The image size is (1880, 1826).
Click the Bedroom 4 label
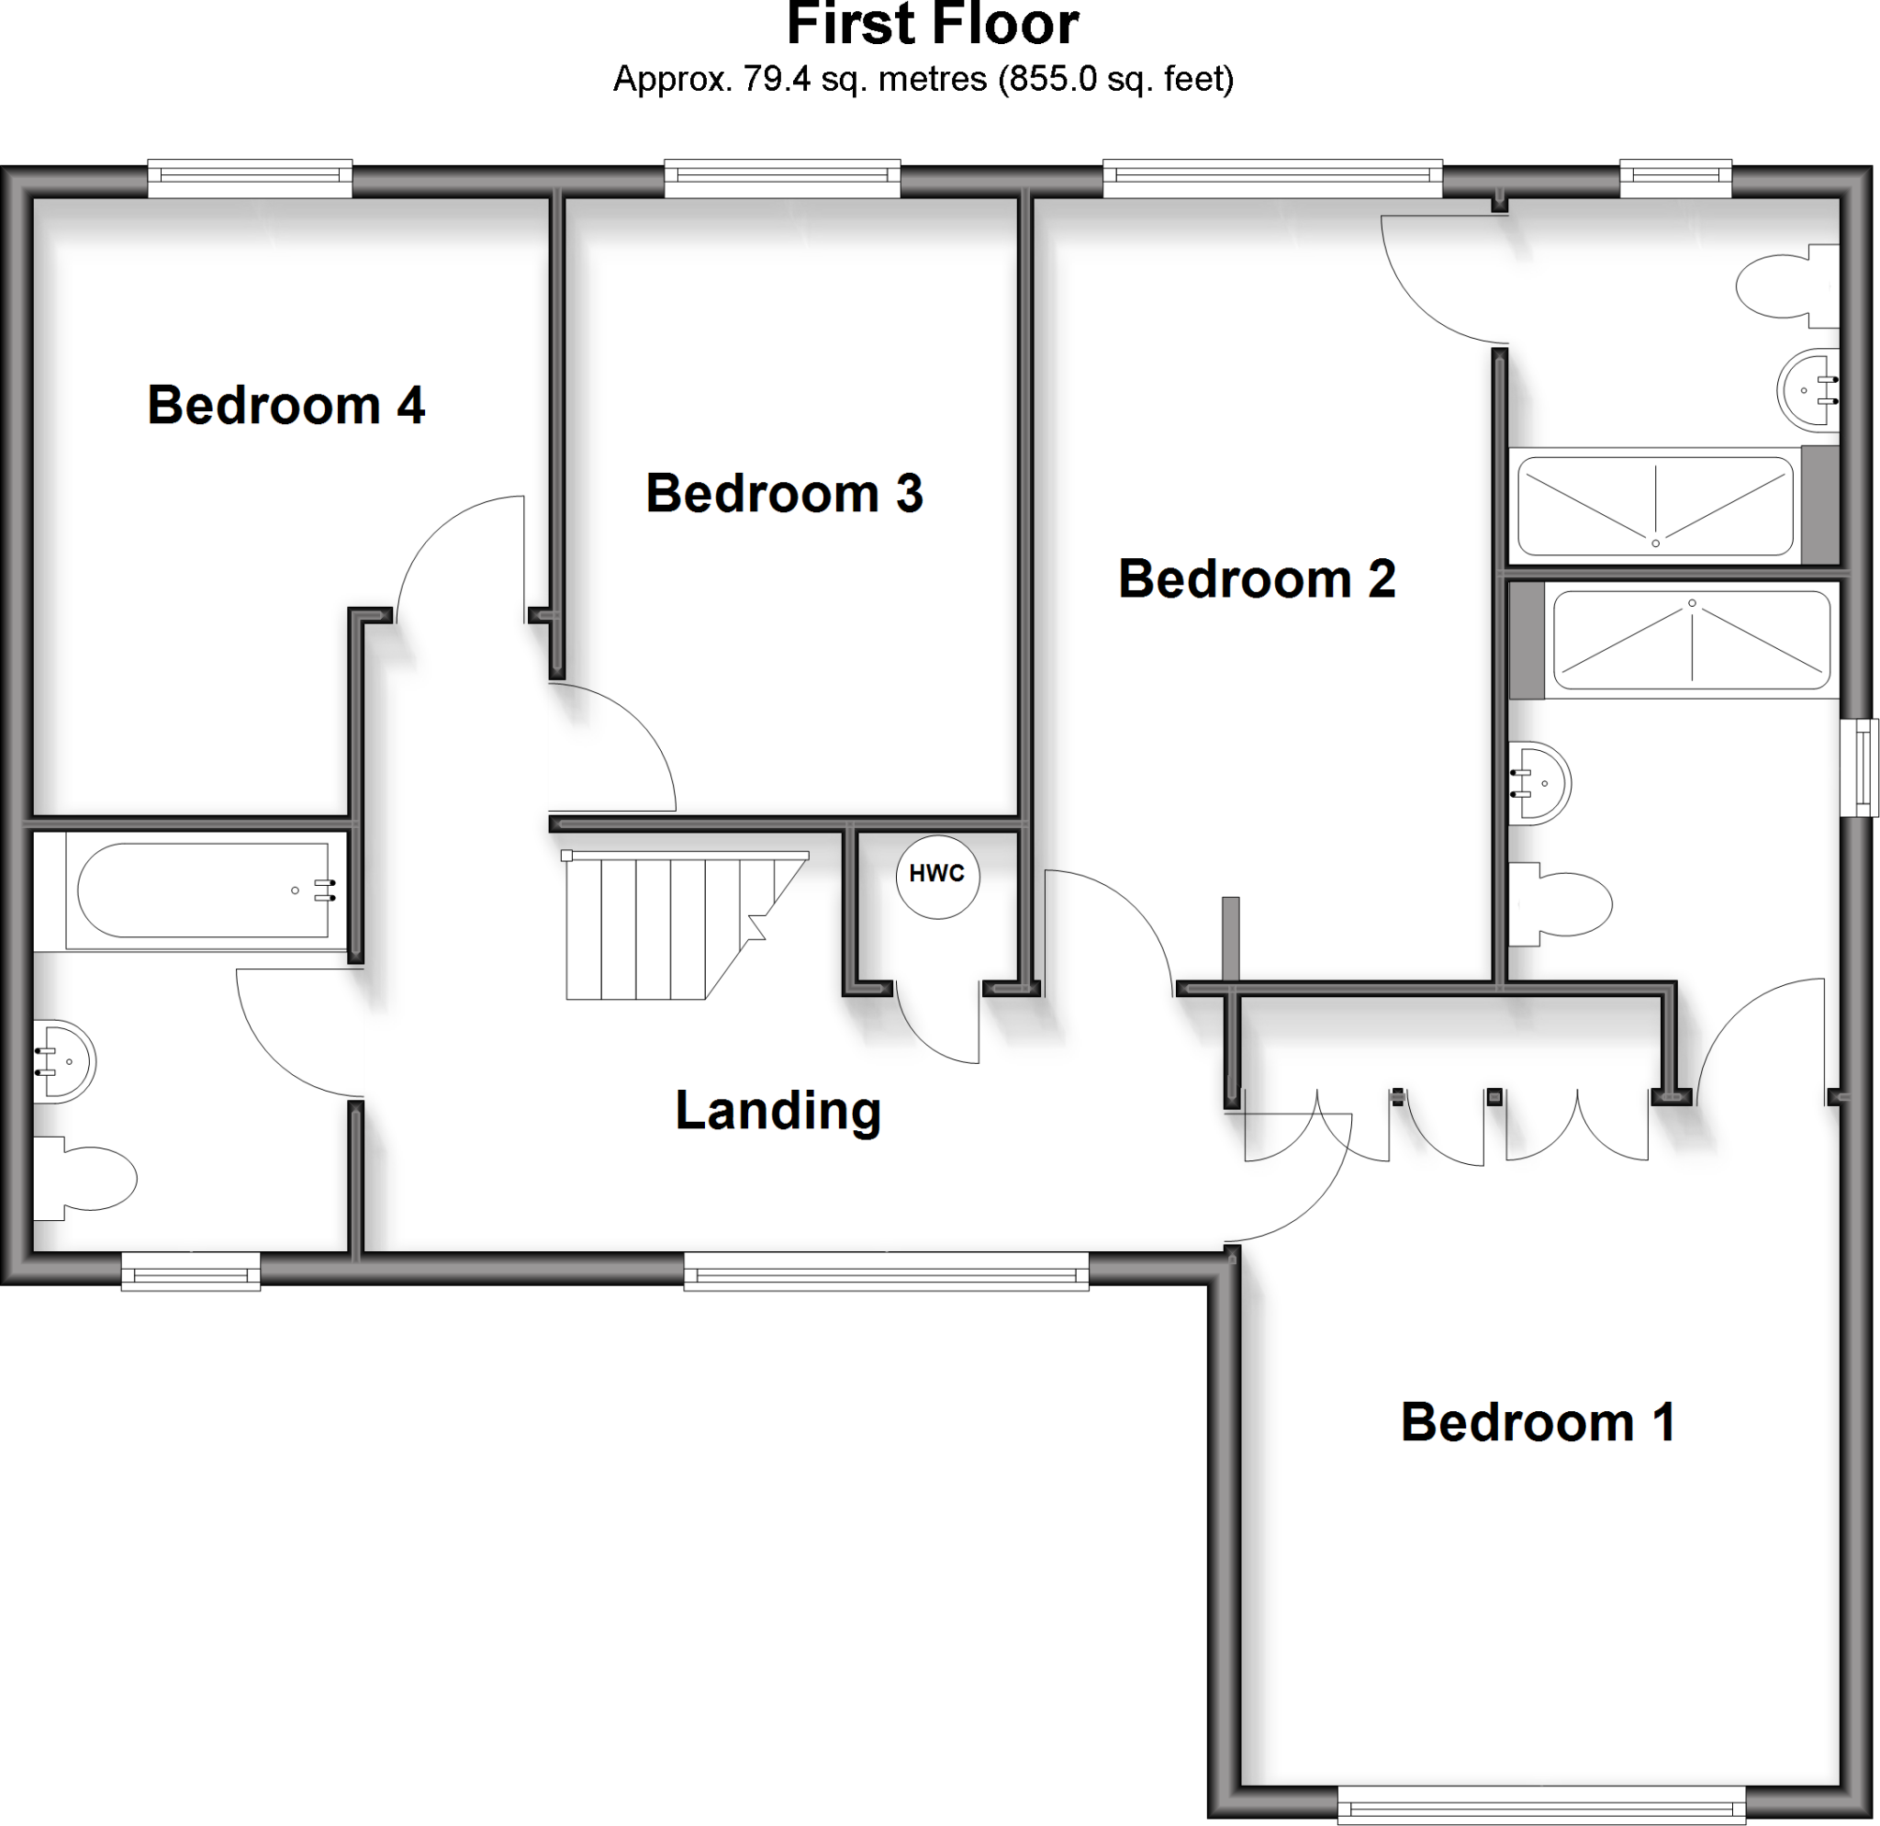tap(285, 405)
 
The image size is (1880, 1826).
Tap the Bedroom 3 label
tap(784, 493)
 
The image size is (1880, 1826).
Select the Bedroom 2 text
tap(1257, 578)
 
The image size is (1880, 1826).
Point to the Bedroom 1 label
tap(1538, 1421)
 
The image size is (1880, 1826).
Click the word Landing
tap(778, 1110)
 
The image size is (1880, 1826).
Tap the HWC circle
tap(937, 874)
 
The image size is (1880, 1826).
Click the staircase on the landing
tap(671, 925)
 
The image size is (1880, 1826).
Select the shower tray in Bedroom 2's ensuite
tap(1653, 506)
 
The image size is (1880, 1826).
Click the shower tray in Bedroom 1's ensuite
tap(1691, 640)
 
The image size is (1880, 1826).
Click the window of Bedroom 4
tap(250, 178)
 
